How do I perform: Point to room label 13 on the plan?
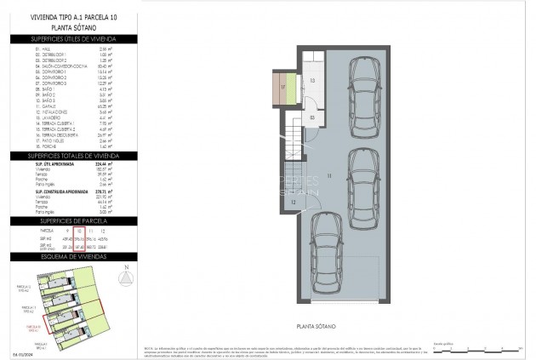click(311, 80)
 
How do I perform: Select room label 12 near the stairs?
click(292, 202)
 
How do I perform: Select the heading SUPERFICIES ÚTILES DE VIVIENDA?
click(73, 39)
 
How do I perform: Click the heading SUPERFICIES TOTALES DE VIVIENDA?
click(73, 156)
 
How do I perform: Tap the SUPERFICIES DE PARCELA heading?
click(73, 220)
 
